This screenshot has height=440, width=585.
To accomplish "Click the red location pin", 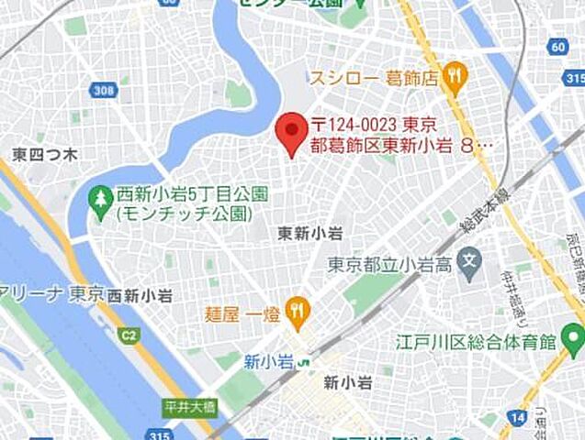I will pyautogui.click(x=292, y=132).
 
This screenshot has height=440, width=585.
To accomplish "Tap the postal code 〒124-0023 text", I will pyautogui.click(x=373, y=125).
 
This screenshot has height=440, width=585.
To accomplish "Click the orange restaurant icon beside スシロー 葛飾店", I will pyautogui.click(x=454, y=77).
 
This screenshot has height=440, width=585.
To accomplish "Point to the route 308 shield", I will pyautogui.click(x=103, y=90).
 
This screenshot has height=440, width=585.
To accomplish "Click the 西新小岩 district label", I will pyautogui.click(x=141, y=295).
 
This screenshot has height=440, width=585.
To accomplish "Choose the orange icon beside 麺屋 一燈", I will pyautogui.click(x=296, y=311).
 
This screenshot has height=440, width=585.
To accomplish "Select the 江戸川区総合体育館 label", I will pyautogui.click(x=478, y=343).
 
